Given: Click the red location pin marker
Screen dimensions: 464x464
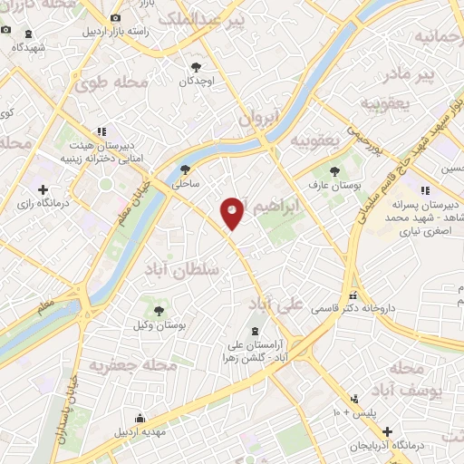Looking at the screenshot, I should (x=232, y=213).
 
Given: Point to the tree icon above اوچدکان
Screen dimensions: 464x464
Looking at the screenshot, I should (x=196, y=66).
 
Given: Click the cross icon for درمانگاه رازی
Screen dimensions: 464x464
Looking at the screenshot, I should (x=43, y=189).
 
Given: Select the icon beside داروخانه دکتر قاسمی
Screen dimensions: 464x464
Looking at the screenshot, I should (x=354, y=296).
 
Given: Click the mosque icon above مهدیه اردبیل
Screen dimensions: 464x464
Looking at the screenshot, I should (x=140, y=418).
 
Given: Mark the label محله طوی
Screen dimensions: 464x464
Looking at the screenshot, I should (x=111, y=83).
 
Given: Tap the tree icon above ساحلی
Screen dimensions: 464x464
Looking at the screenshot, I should (x=186, y=169).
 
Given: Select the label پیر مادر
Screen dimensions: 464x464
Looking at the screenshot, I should (x=408, y=72).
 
